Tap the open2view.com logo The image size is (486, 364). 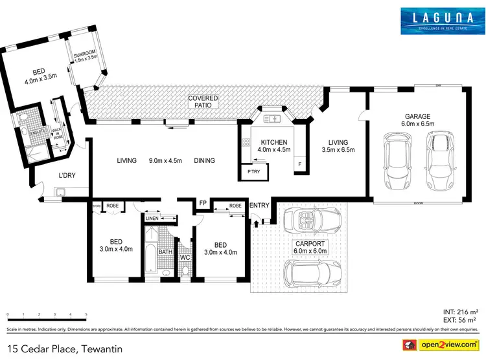441,343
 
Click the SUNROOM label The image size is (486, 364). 84,54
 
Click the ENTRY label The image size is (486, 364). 259,206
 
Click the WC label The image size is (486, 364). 185,257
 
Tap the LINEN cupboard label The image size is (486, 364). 152,219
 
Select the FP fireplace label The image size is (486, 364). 203,203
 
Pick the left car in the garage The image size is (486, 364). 394,162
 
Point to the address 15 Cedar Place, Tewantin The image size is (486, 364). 65,349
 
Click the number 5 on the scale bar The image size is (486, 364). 87,315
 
